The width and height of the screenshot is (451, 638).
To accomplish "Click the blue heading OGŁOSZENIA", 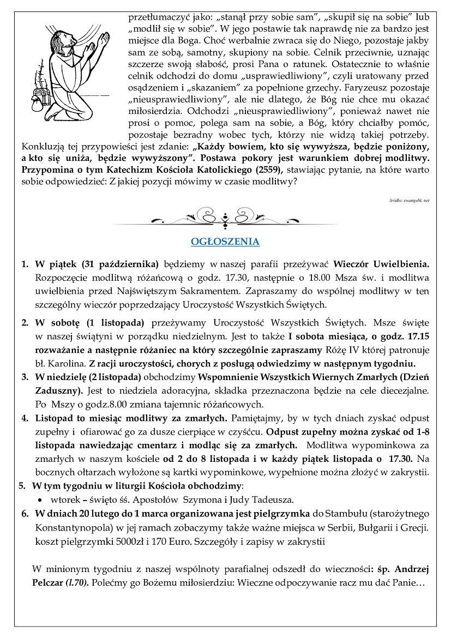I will pos(225,242).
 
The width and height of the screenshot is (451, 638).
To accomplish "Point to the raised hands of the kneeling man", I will pos(101,44).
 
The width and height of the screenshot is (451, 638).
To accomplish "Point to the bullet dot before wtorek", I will pos(39,499).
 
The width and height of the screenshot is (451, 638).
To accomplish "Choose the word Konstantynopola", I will pos(74,528).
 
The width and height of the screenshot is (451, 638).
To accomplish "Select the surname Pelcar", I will pos(49,583).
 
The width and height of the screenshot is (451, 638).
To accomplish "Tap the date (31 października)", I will pos(120,263).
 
